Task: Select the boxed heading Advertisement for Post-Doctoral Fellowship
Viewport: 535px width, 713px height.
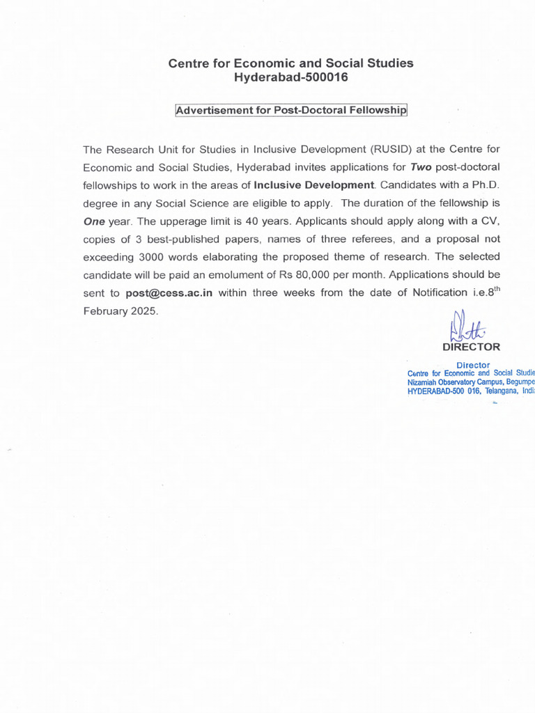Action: click(291, 111)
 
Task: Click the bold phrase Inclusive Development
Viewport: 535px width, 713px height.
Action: click(314, 185)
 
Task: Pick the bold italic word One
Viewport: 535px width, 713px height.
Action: click(93, 221)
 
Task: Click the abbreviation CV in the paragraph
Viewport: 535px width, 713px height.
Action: click(492, 221)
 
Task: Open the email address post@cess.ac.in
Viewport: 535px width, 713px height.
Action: click(169, 293)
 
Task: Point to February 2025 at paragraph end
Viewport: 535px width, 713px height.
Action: click(121, 311)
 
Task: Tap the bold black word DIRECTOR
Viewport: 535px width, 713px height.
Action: click(471, 347)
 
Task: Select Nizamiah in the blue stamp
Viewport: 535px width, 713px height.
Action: click(426, 382)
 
